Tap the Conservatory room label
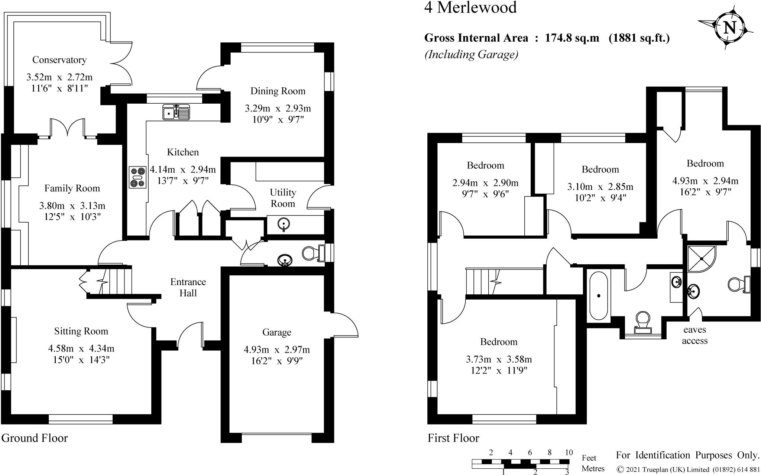pos(59,60)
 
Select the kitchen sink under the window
pos(176,112)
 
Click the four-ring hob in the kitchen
pos(137,177)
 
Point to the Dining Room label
pos(278,91)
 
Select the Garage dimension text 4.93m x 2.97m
pos(276,350)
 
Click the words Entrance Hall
pos(188,287)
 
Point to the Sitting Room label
pos(81,331)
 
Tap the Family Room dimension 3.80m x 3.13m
pos(72,206)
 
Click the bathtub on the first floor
pos(598,295)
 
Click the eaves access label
pos(694,335)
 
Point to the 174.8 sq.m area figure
pos(572,38)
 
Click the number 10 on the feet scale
pos(569,453)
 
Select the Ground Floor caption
pos(35,438)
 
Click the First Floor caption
pos(453,438)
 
